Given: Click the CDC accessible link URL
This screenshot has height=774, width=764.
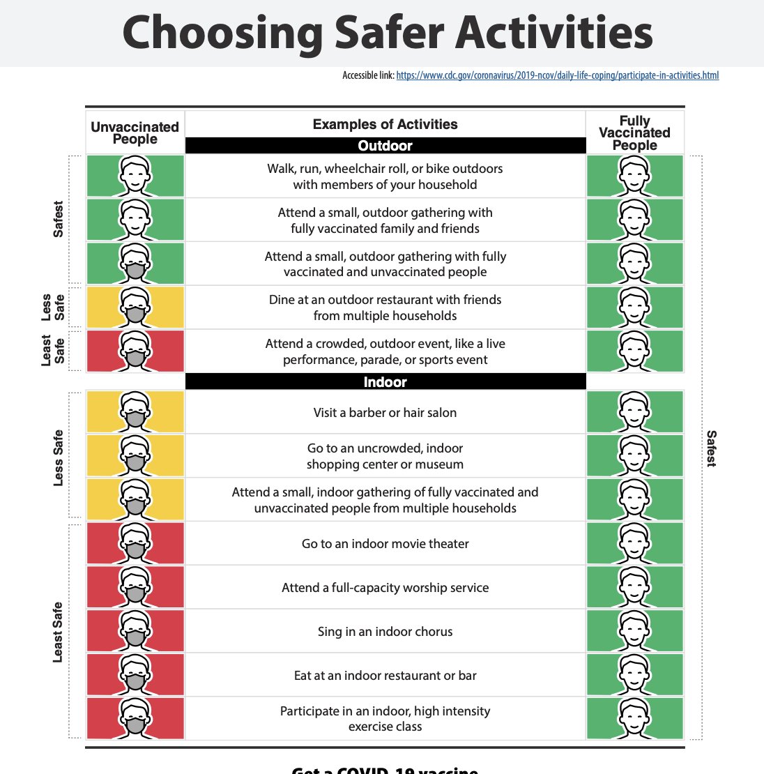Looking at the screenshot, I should point(557,75).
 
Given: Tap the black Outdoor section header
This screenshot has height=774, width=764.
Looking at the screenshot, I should point(385,146).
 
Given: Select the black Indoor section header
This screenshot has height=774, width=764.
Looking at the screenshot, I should point(385,382).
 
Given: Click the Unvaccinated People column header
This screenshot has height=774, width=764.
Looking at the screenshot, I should point(135,132).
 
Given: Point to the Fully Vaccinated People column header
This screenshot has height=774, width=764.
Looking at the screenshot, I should point(634,132).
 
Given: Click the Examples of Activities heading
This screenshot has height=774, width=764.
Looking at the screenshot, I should point(385,125).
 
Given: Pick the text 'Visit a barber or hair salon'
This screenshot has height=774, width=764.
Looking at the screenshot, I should point(385,413).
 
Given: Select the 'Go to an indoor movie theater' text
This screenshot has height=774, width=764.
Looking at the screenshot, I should point(385,544).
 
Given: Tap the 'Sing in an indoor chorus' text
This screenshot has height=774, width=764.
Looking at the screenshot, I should point(385,632).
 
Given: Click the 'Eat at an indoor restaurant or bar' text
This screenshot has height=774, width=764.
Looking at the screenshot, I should point(385,676).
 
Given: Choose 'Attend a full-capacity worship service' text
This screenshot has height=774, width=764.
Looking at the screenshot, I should point(385,588).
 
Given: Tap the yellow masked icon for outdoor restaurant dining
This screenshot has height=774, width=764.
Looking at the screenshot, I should point(135,307).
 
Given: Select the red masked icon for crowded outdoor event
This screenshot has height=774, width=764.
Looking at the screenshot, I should point(135,351).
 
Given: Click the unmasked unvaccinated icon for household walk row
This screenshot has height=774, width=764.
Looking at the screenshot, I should point(135,176).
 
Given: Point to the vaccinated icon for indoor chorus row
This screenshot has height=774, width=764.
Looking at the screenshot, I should point(634,631).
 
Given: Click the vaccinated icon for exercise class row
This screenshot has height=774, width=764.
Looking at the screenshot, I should point(634,718).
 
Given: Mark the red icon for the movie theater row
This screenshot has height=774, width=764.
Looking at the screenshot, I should point(135,543).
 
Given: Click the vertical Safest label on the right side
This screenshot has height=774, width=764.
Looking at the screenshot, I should point(711,448).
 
